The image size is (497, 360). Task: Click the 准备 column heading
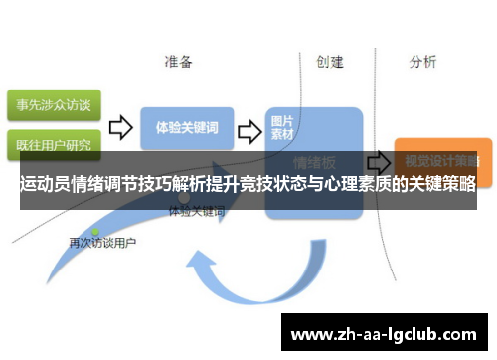[x=179, y=62]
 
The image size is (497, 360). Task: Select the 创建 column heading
[x=330, y=62]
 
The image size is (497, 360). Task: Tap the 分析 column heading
[x=422, y=62]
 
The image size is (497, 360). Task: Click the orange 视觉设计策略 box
[x=436, y=158]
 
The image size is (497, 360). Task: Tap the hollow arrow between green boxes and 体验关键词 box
[x=120, y=127]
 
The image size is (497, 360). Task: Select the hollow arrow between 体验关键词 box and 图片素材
[x=250, y=129]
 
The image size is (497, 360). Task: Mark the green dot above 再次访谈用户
[x=95, y=231]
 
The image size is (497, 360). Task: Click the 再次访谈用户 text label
[x=102, y=242]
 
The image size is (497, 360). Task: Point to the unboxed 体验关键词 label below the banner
[x=197, y=212]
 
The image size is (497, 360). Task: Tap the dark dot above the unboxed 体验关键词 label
[x=183, y=199]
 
